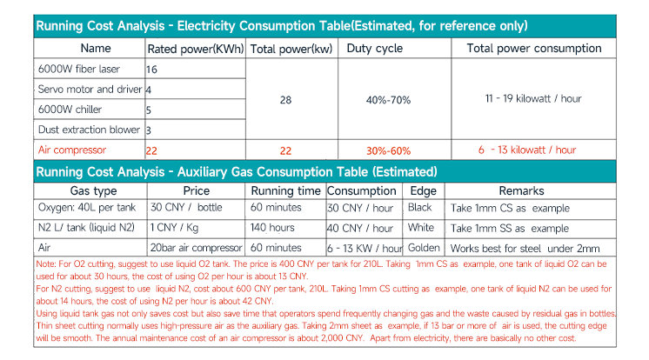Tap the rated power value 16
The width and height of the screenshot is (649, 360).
coord(152,69)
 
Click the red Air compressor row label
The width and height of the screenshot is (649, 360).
coord(72,150)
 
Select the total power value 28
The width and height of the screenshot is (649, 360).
coord(285,100)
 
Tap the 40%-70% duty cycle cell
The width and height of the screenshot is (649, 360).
coord(388,100)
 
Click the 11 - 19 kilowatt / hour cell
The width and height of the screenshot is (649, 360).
coord(532,99)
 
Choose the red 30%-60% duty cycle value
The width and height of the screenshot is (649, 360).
coord(388,150)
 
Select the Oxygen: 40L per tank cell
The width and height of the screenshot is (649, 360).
coord(85,208)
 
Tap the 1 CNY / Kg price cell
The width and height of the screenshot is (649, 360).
coord(176,228)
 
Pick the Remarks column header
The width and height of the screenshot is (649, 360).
coord(522,190)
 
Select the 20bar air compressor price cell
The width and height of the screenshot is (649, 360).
coord(196,248)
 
